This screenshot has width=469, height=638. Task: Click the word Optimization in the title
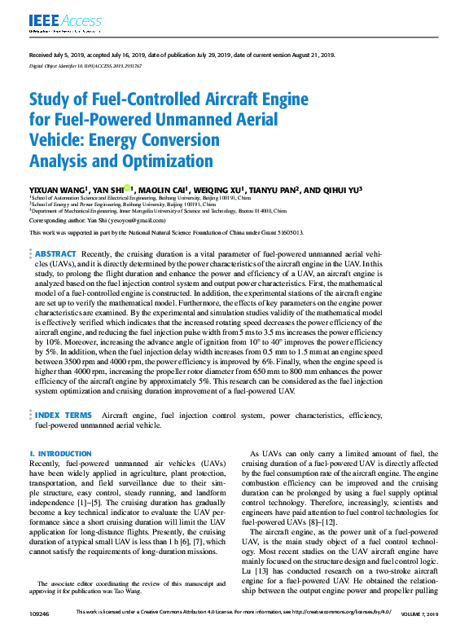169,161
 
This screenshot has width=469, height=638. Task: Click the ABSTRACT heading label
56,254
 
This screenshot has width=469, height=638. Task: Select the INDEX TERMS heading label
64,415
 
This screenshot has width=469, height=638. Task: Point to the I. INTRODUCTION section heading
60,453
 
